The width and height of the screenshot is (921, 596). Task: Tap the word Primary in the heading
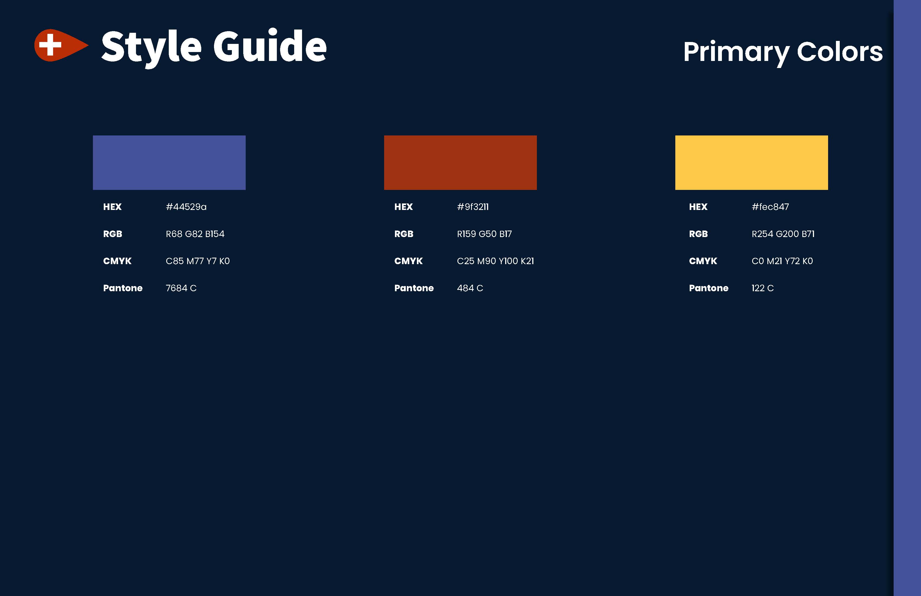736,53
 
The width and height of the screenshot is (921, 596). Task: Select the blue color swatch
169,163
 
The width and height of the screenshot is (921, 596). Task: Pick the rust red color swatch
460,163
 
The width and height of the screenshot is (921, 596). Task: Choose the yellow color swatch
751,163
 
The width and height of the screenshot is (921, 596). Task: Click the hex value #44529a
186,207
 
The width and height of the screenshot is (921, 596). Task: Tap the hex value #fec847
770,207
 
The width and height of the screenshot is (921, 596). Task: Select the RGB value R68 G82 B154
195,234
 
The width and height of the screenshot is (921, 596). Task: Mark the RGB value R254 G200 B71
783,234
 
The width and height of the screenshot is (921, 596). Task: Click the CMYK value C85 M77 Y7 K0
198,261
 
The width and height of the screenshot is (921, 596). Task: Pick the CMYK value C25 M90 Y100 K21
495,261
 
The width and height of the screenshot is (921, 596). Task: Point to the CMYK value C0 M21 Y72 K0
782,261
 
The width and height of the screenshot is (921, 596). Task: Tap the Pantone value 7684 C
181,288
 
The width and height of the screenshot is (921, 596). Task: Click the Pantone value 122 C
762,288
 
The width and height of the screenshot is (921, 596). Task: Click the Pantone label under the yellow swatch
709,288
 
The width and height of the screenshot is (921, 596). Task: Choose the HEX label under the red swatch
403,207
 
